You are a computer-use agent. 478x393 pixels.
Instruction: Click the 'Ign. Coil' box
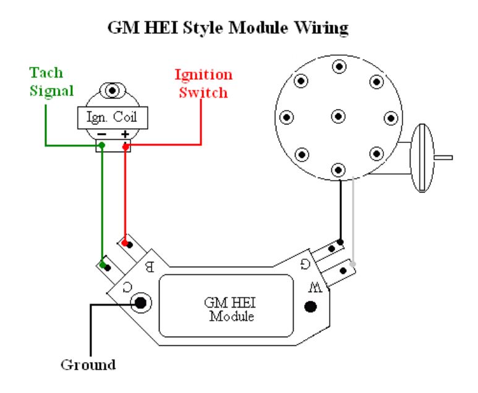112,116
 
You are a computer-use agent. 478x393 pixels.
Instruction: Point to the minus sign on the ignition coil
101,134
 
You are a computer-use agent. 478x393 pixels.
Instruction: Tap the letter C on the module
126,286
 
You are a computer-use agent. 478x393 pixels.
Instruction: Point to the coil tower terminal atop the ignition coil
112,92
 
